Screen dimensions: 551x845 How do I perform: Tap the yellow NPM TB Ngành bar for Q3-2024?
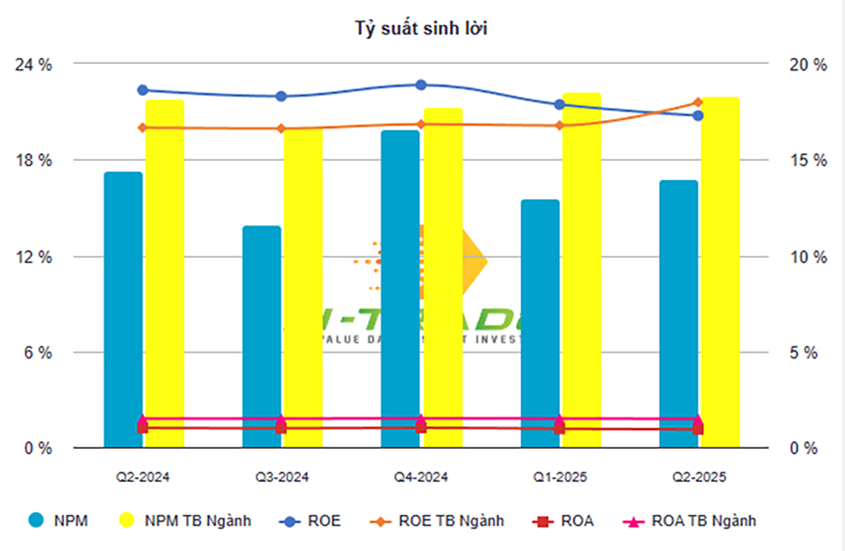pyautogui.click(x=303, y=290)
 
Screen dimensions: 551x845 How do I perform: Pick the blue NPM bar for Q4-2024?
pyautogui.click(x=400, y=289)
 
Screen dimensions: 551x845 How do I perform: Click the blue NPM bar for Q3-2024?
pyautogui.click(x=262, y=336)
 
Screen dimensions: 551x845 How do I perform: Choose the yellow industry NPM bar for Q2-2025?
pyautogui.click(x=720, y=273)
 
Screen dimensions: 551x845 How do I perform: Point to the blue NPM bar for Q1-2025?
pyautogui.click(x=539, y=324)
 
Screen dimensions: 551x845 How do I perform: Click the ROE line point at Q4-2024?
pyautogui.click(x=421, y=85)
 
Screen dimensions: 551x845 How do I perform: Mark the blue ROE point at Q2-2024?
pyautogui.click(x=143, y=90)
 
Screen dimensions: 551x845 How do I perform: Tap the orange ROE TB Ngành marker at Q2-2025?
pyautogui.click(x=698, y=102)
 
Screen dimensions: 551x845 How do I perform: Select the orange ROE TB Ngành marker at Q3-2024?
pyautogui.click(x=282, y=129)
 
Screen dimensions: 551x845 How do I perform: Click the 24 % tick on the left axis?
pyautogui.click(x=37, y=65)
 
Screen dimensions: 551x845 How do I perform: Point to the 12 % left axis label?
pyautogui.click(x=37, y=257)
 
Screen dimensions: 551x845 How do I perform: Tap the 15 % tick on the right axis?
pyautogui.click(x=806, y=161)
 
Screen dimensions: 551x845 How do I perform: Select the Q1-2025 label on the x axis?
pyautogui.click(x=560, y=478)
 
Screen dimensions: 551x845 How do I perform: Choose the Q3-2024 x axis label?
pyautogui.click(x=282, y=478)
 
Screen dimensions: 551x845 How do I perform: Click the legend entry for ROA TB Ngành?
pyautogui.click(x=691, y=520)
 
